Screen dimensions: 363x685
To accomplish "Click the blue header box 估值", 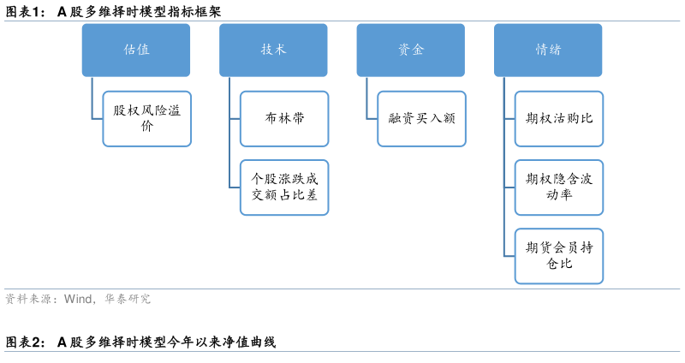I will point(136,50).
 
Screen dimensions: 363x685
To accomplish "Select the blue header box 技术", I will point(273,50).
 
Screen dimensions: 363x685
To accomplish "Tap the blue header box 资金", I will point(411,50).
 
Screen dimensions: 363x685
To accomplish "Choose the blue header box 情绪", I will point(548,50).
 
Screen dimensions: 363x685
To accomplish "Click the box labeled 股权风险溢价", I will point(146,118).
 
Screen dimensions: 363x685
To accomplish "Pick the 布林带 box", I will point(284,118).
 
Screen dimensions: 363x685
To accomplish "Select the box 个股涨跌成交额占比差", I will point(284,187).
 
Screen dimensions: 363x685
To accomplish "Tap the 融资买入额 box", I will point(421,118).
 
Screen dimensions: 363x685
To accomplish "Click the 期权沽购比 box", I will point(559,118).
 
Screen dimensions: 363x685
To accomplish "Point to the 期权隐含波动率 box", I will point(559,187).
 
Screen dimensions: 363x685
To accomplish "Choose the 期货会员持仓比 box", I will point(559,256).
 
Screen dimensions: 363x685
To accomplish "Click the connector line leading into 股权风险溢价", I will point(97,118).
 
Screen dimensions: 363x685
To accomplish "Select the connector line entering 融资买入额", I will point(372,118).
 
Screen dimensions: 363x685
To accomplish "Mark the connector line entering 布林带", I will point(235,118).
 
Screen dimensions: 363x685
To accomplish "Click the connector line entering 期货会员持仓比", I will point(509,256).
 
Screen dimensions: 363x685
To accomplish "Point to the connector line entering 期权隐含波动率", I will point(509,187).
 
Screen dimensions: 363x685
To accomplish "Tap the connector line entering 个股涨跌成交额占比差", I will point(235,187).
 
